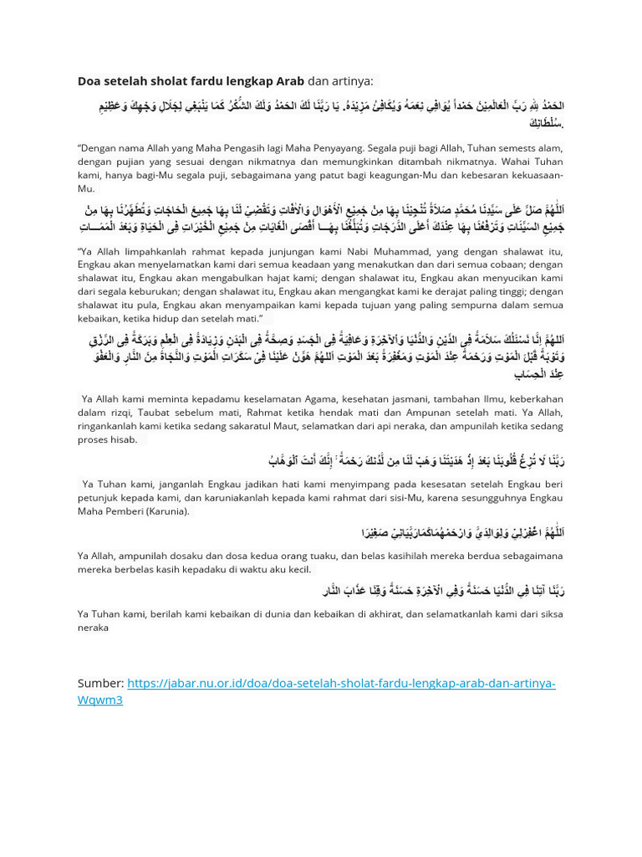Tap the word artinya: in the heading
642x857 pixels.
(x=354, y=81)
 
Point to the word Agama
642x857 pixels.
(x=307, y=399)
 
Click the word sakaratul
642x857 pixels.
(x=247, y=425)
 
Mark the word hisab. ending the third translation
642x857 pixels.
(x=123, y=439)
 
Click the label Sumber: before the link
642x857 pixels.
(x=101, y=683)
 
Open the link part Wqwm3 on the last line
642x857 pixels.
(x=99, y=699)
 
